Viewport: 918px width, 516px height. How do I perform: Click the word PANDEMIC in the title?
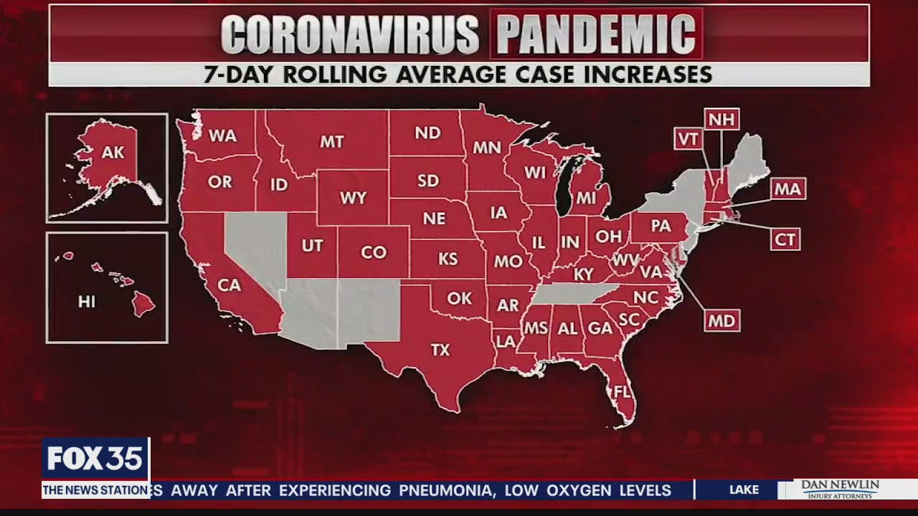[596, 33]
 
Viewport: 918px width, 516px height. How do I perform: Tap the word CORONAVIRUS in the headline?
[350, 34]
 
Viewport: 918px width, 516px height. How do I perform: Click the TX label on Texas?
[440, 350]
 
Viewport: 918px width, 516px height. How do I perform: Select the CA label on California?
[229, 285]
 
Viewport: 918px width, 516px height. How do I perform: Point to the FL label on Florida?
[622, 392]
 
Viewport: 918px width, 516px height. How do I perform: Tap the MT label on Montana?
[331, 142]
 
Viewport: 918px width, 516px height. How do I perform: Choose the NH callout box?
[721, 119]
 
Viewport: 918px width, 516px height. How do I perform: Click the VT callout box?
[688, 139]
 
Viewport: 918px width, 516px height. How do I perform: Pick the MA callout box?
[787, 189]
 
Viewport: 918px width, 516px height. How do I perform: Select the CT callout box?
[785, 239]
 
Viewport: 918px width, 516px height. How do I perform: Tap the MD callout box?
[721, 320]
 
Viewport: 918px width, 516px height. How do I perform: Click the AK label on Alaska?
[113, 153]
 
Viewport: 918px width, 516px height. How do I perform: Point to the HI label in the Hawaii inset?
[86, 302]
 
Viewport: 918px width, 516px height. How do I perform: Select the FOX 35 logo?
[95, 459]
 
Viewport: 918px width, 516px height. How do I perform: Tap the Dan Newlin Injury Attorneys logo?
[840, 489]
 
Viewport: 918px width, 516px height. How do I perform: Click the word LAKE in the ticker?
[744, 490]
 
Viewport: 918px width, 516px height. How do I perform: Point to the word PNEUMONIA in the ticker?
[445, 491]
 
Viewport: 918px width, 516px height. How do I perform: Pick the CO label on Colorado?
[374, 252]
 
